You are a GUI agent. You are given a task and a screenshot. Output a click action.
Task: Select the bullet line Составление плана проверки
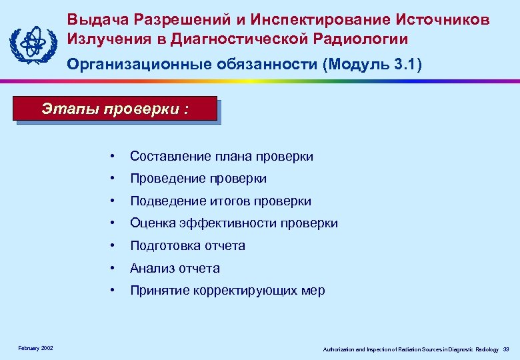coord(221,156)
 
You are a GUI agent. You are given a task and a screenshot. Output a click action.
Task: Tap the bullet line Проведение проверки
coord(198,179)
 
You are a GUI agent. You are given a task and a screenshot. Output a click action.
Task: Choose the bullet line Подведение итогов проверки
coord(221,201)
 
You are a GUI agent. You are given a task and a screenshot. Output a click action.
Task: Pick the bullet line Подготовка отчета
coord(187,246)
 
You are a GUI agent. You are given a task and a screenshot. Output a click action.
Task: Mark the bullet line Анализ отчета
coord(175,268)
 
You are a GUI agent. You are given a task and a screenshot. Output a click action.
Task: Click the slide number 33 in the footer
coord(506,349)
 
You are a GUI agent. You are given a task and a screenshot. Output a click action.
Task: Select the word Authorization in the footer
coord(339,349)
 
